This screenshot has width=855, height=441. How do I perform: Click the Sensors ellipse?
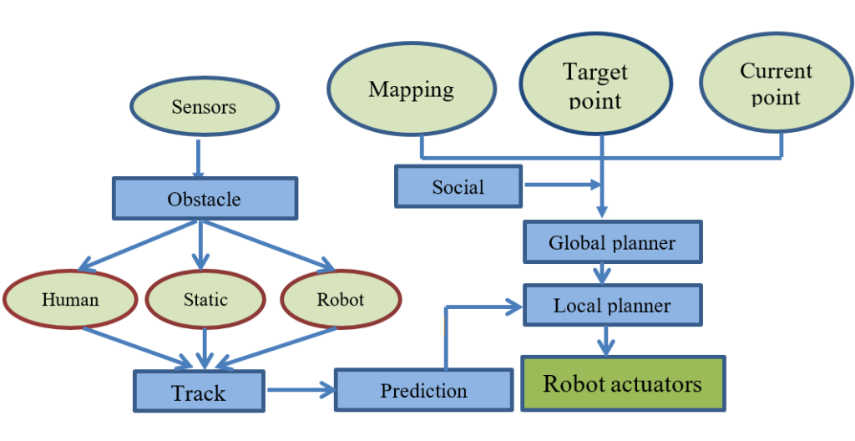point(205,106)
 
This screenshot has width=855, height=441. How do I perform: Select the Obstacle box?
point(205,199)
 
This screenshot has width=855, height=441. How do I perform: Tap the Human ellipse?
point(70,299)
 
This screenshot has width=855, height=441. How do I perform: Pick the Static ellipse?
point(205,299)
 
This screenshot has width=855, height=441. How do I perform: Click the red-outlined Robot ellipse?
point(340,299)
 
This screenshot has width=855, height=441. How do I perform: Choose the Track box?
point(199,392)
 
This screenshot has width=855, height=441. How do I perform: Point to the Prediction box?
point(423,390)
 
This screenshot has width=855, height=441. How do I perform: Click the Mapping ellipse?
point(412,89)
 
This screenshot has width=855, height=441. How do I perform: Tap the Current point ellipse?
point(776,84)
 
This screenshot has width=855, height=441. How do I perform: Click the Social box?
point(458,186)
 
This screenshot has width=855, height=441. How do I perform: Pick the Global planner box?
point(612,242)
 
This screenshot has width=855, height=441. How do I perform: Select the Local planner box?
point(612,305)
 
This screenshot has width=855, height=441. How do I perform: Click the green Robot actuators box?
point(623,383)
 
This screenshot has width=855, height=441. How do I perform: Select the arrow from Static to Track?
point(205,347)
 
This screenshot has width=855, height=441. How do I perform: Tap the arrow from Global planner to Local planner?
point(601,273)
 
